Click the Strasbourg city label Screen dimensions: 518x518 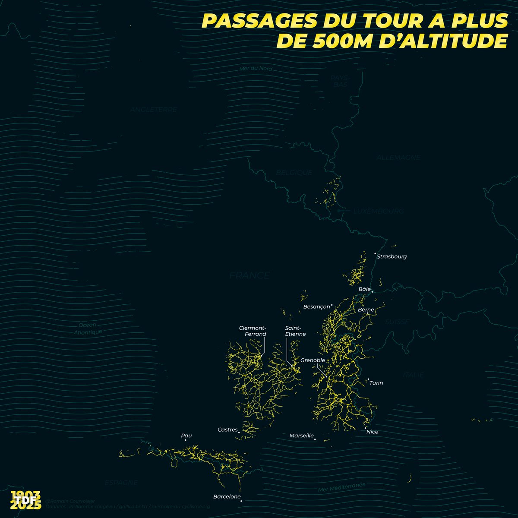pyautogui.click(x=392, y=256)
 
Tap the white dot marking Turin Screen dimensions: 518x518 pyautogui.click(x=368, y=379)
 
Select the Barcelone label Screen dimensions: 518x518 pyautogui.click(x=227, y=496)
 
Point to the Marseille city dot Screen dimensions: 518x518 pyautogui.click(x=315, y=439)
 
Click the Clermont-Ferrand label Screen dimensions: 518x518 pyautogui.click(x=253, y=331)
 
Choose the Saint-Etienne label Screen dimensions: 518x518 pyautogui.click(x=295, y=331)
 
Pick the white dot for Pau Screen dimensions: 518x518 pyautogui.click(x=186, y=440)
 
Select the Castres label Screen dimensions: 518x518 pyautogui.click(x=227, y=430)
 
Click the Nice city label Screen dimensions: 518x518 pyautogui.click(x=372, y=432)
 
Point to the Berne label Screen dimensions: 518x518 pyautogui.click(x=366, y=310)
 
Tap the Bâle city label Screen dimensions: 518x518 pyautogui.click(x=365, y=289)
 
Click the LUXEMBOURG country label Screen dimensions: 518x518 pyautogui.click(x=379, y=212)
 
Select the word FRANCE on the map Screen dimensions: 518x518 pyautogui.click(x=250, y=275)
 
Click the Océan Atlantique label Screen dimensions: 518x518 pyautogui.click(x=87, y=328)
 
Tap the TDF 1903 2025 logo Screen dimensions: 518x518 pyautogui.click(x=26, y=500)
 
